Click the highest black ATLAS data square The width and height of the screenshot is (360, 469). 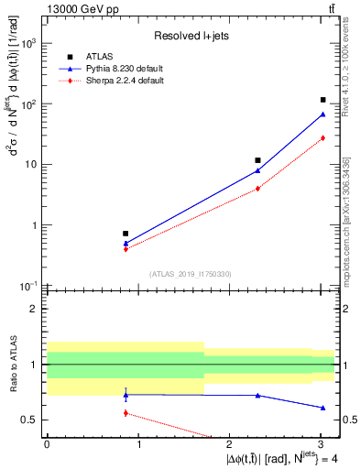(323, 100)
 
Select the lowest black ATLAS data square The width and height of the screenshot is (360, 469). (125, 234)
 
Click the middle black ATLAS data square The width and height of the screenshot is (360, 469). (258, 160)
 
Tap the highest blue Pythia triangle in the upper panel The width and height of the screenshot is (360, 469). (323, 114)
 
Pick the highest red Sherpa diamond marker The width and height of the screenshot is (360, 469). (323, 138)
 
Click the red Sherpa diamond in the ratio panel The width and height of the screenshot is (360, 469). (125, 413)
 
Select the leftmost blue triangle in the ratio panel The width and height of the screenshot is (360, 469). (125, 395)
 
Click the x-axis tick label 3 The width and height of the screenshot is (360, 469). (322, 446)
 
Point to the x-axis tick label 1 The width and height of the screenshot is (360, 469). (138, 446)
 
